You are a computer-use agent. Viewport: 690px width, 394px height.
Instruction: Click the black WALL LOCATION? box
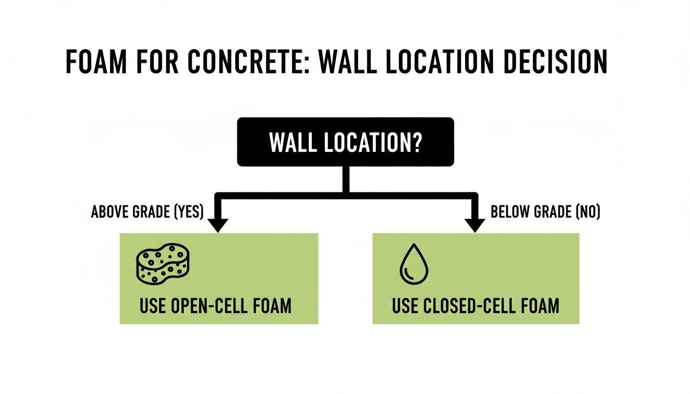tap(345, 142)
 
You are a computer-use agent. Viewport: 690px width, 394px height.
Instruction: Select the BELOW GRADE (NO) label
tap(545, 212)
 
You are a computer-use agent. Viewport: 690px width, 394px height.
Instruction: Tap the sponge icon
tap(161, 262)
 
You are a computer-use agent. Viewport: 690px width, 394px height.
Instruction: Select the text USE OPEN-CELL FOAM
tap(215, 306)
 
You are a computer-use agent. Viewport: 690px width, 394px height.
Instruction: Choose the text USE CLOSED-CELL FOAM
tap(475, 306)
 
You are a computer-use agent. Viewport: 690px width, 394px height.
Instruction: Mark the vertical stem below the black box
tap(346, 179)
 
